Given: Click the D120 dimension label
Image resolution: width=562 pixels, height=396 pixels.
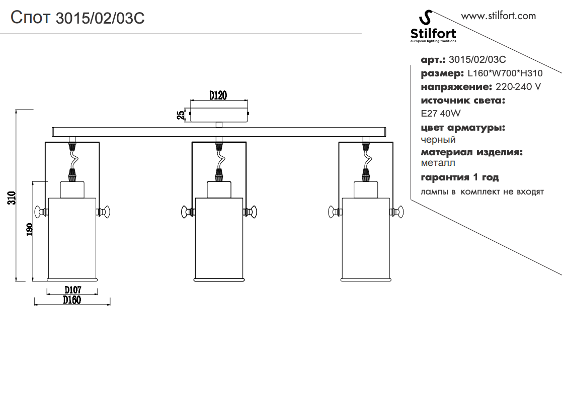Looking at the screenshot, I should pyautogui.click(x=219, y=94).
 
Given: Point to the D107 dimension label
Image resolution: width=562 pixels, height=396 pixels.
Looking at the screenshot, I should pyautogui.click(x=73, y=290).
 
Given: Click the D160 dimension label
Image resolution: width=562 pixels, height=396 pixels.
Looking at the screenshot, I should pyautogui.click(x=72, y=300).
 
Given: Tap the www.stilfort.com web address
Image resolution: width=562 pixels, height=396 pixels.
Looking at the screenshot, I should pyautogui.click(x=498, y=16).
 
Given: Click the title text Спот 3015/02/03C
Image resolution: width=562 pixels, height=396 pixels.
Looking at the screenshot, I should pyautogui.click(x=78, y=18).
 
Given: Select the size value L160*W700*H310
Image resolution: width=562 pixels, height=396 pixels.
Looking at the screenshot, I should pyautogui.click(x=505, y=73).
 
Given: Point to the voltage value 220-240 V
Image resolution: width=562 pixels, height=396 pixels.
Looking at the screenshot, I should pyautogui.click(x=518, y=87).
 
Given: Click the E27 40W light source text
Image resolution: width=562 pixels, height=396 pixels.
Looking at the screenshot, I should pyautogui.click(x=440, y=114).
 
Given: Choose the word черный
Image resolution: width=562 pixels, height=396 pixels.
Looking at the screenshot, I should pyautogui.click(x=438, y=140).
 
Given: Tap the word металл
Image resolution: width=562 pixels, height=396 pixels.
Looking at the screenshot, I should pyautogui.click(x=438, y=163).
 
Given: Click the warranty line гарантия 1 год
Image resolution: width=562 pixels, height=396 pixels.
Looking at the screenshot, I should pyautogui.click(x=460, y=177).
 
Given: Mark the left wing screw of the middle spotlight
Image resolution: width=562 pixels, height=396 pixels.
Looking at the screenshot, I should pyautogui.click(x=188, y=212).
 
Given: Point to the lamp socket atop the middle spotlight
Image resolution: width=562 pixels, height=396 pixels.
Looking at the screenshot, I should pyautogui.click(x=219, y=189).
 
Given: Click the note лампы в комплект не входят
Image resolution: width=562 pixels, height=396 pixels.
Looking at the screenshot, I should pyautogui.click(x=483, y=192).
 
